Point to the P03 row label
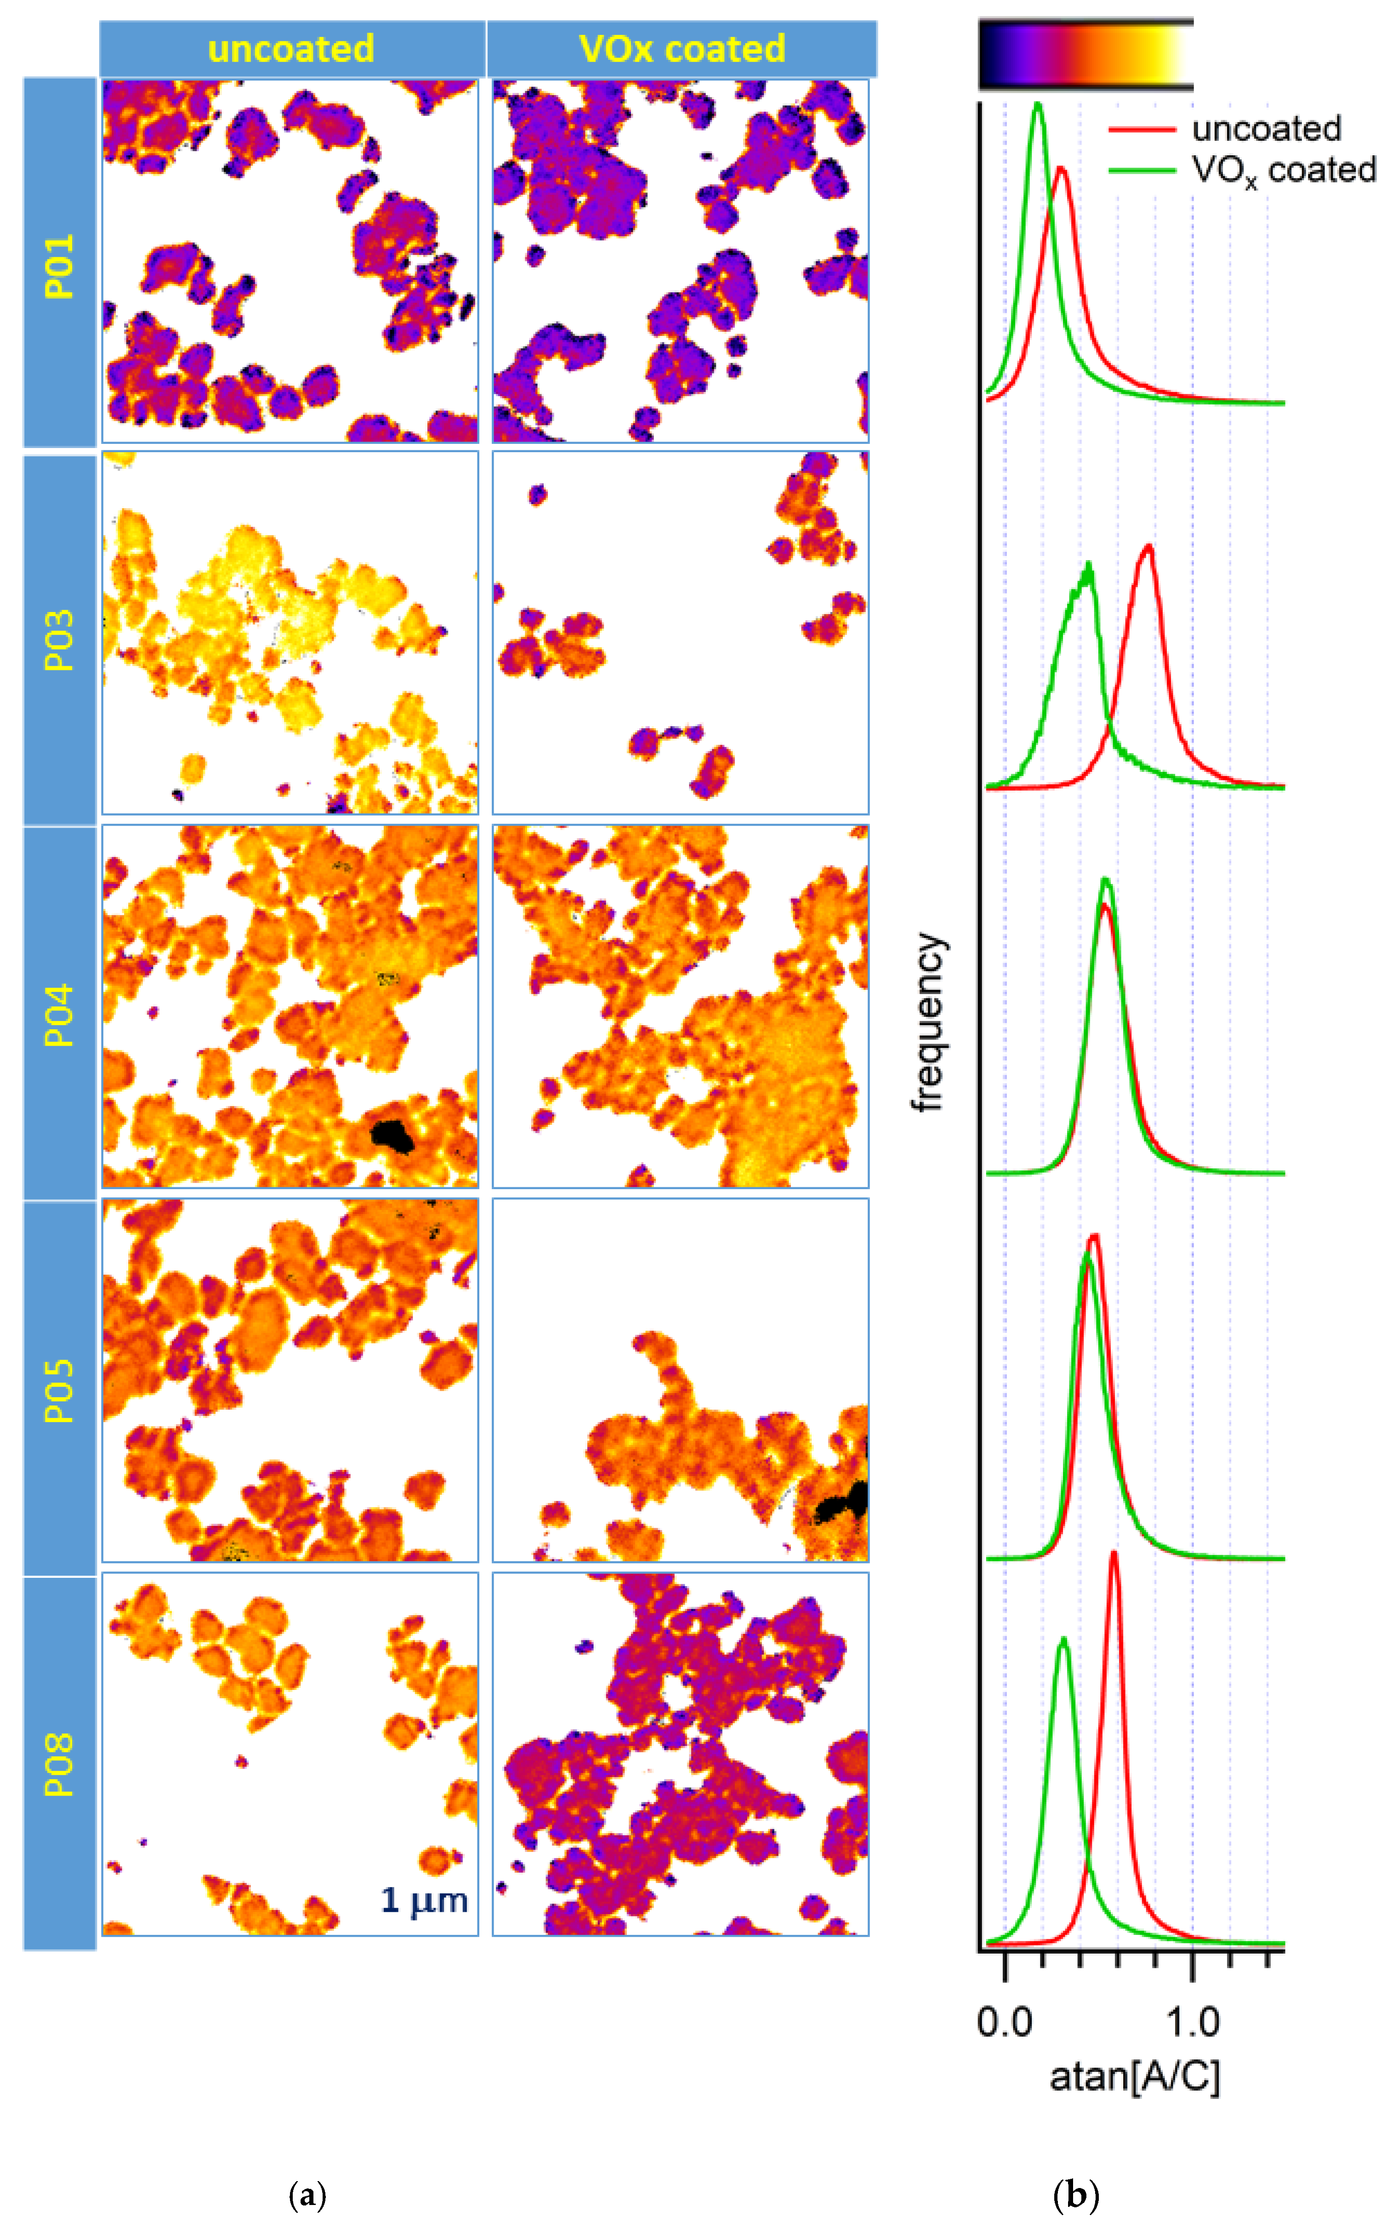pos(59,640)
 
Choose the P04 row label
pos(59,1015)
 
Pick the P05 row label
pos(59,1390)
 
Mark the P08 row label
pos(59,1764)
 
